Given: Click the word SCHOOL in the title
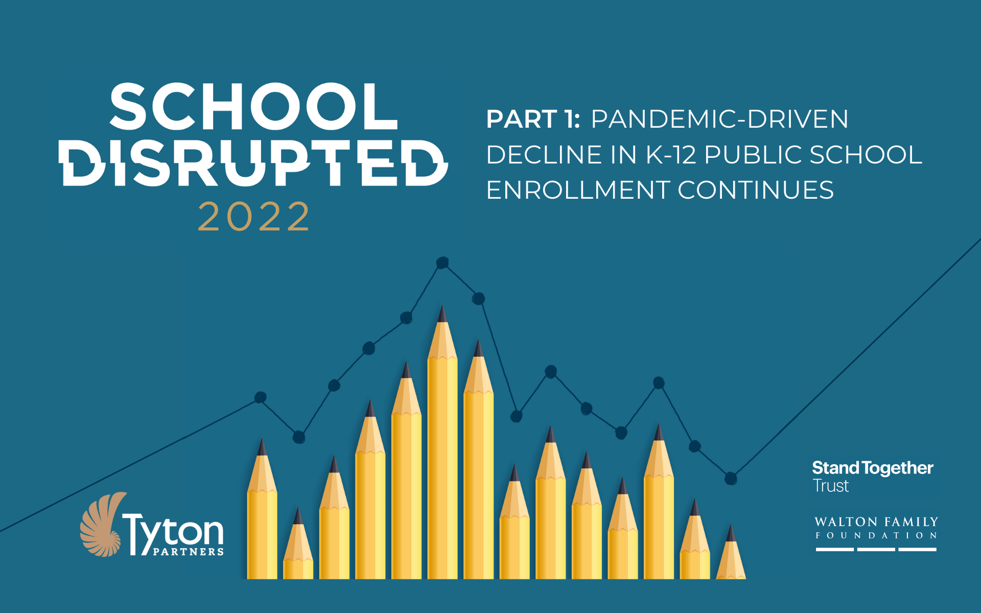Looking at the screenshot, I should click(253, 107).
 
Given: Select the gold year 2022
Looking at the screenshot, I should click(254, 217).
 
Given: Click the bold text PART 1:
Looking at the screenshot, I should click(533, 119).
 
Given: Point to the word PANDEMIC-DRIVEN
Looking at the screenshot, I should click(719, 119).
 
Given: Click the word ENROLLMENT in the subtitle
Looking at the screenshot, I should click(578, 190).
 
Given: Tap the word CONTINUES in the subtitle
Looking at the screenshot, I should click(756, 190).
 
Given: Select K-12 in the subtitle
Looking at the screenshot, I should click(671, 155).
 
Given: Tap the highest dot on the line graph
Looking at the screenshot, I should click(442, 263).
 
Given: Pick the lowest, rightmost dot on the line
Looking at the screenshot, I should click(731, 478).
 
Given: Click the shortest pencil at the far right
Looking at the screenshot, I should click(731, 557).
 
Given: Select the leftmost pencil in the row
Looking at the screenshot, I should click(262, 516).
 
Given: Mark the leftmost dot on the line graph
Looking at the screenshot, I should click(261, 397).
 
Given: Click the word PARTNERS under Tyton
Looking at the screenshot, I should click(188, 552).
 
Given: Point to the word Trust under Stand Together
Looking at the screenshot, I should click(831, 486).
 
